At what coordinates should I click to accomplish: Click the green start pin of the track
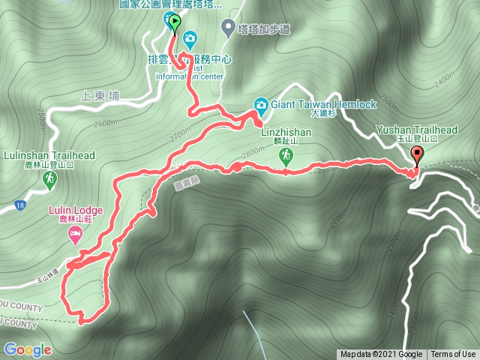point(175,23)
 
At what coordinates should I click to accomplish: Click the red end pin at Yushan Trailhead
point(417,155)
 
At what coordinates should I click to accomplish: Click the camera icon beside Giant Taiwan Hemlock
point(260,104)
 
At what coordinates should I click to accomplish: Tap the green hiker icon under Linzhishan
point(286,156)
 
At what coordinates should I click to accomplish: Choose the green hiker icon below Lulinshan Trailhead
point(49,178)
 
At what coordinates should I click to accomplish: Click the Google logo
point(27,349)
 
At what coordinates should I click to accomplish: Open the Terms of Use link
point(453,355)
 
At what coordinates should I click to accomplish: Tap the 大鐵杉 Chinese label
point(323,114)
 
